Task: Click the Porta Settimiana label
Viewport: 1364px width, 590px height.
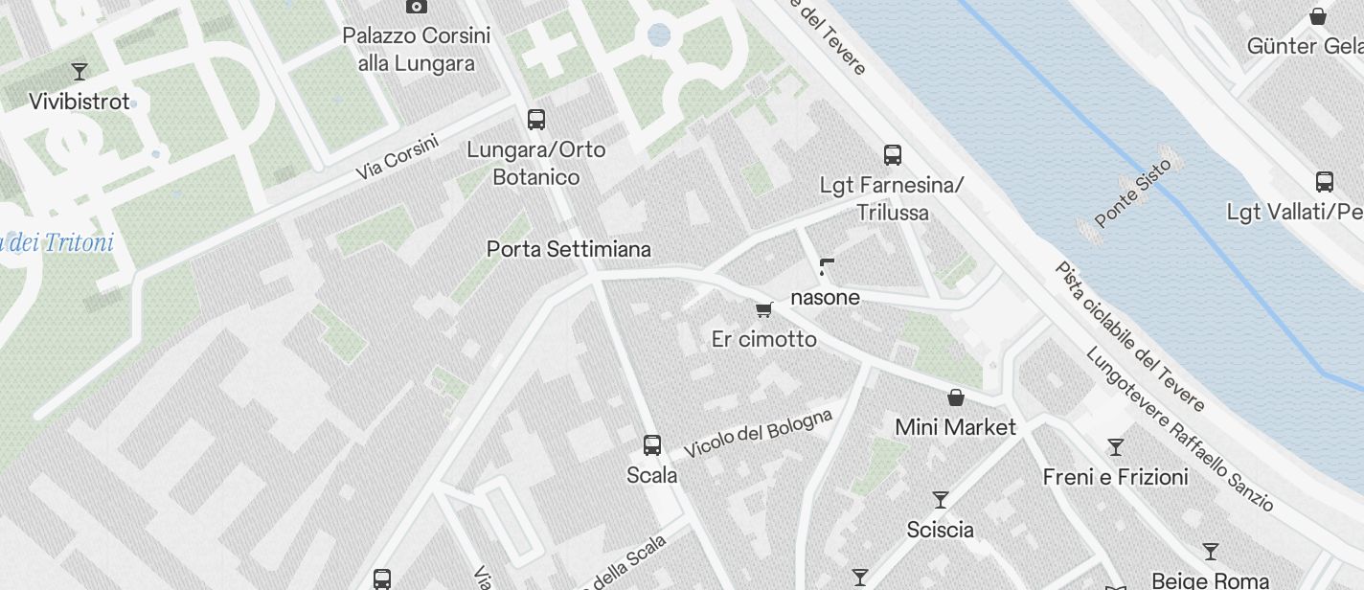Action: click(x=568, y=249)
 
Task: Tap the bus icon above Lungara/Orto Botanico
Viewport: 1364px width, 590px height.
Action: click(x=536, y=120)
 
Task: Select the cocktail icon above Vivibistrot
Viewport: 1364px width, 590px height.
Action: click(x=80, y=71)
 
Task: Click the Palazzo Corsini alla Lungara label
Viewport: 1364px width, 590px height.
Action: click(x=417, y=50)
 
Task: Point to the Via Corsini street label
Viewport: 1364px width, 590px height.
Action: click(x=397, y=157)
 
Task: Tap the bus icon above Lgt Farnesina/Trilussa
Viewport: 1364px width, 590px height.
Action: click(x=893, y=154)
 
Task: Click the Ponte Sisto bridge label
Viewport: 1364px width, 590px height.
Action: click(x=1132, y=198)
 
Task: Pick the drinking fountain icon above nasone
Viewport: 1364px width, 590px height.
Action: click(x=826, y=266)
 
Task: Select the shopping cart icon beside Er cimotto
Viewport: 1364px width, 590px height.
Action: click(x=763, y=309)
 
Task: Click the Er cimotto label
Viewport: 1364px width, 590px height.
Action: click(x=764, y=339)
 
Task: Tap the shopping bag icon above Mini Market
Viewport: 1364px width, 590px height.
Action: click(x=955, y=397)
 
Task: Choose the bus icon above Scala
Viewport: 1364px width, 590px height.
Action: click(x=652, y=444)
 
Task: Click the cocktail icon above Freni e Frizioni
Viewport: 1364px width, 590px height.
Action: click(x=1115, y=446)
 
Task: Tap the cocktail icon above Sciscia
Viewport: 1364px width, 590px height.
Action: click(x=941, y=500)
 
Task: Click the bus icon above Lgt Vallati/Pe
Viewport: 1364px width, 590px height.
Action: click(x=1325, y=182)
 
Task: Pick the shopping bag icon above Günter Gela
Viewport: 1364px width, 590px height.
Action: click(x=1318, y=16)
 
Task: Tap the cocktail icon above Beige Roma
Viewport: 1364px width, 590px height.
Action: click(x=1211, y=552)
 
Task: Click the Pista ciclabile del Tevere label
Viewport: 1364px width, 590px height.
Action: click(x=1128, y=334)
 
